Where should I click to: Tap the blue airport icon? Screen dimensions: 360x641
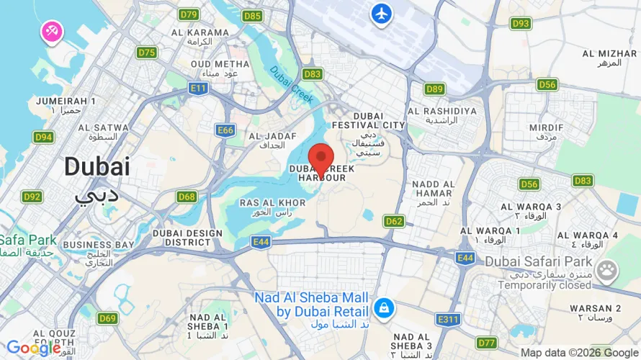[x=381, y=13]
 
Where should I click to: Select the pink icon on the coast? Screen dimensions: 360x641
[x=53, y=31]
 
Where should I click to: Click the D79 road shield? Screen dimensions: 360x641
[x=189, y=14]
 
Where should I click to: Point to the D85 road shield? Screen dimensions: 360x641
[x=253, y=15]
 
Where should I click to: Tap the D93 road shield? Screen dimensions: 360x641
[x=521, y=24]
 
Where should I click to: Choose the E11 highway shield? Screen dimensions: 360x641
[x=199, y=88]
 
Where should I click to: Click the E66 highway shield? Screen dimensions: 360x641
[x=225, y=130]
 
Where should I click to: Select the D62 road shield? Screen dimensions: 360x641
[x=394, y=220]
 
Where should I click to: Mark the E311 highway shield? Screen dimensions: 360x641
[x=447, y=318]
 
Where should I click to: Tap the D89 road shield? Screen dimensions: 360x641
[x=434, y=89]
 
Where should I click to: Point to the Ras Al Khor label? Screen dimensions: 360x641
[x=264, y=207]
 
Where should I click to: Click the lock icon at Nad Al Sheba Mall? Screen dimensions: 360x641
[x=384, y=307]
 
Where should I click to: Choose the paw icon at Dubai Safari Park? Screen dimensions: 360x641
[x=607, y=270]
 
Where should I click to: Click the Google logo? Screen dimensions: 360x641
[x=34, y=348]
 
